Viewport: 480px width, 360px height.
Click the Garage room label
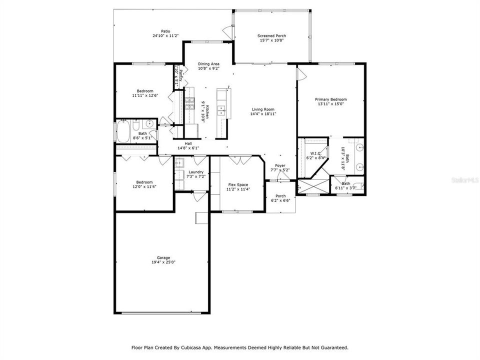click(160, 257)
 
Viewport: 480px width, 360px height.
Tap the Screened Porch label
click(271, 36)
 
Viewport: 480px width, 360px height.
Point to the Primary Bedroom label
click(330, 99)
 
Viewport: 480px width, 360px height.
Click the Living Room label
click(262, 109)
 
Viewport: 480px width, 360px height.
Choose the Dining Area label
click(208, 64)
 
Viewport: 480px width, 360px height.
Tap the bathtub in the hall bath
click(123, 131)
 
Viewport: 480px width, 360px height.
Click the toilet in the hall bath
click(136, 128)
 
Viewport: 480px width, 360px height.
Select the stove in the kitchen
click(190, 103)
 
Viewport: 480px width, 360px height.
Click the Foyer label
click(280, 165)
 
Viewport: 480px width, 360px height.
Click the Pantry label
click(180, 76)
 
